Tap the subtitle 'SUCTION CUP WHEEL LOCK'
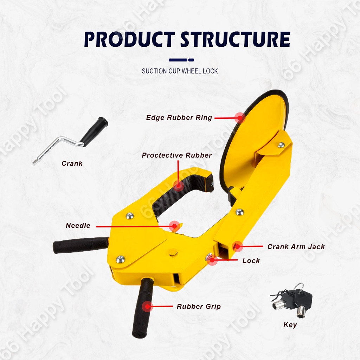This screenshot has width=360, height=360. point(180,71)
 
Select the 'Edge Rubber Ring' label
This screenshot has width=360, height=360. point(179,118)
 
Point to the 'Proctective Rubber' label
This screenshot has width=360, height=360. point(177,155)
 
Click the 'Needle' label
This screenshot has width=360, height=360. point(78,226)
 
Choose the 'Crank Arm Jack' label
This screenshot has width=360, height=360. point(296,247)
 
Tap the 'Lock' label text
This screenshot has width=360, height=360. point(251,261)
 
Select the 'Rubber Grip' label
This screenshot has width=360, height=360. point(199,307)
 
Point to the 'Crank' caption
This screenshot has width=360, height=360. point(72,163)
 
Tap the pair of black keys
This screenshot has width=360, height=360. point(292,300)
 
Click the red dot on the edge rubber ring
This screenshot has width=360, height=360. point(240,117)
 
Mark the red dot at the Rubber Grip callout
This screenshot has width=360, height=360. point(148,307)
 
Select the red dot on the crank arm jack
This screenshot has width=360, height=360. point(238,246)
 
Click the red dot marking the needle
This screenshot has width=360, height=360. point(174,226)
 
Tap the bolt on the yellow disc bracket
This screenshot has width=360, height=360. point(281,144)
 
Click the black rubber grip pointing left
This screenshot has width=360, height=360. point(81,245)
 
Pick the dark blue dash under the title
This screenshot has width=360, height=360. point(181,60)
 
